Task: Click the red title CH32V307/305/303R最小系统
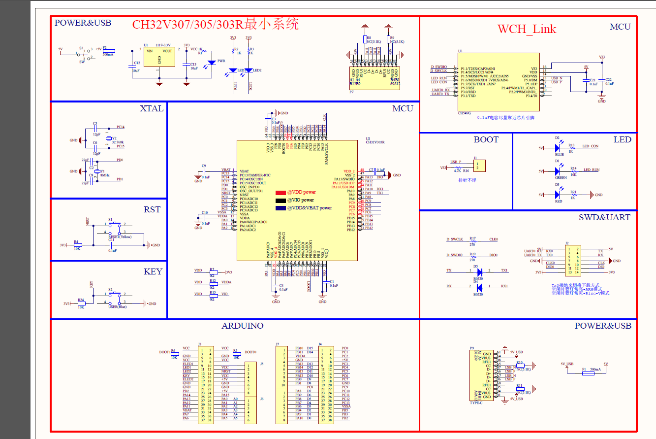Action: pyautogui.click(x=215, y=24)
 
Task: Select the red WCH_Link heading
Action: pyautogui.click(x=527, y=29)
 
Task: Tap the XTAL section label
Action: pyautogui.click(x=151, y=108)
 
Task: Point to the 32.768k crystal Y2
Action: pyautogui.click(x=108, y=139)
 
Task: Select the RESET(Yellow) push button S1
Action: pyautogui.click(x=114, y=228)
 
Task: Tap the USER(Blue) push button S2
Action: pyautogui.click(x=114, y=298)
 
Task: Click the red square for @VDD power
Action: pyautogui.click(x=280, y=193)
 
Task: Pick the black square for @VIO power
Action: pyautogui.click(x=280, y=201)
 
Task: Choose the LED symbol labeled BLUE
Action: pyautogui.click(x=557, y=147)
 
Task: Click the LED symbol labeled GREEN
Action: pyautogui.click(x=557, y=171)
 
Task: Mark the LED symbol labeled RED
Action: pyautogui.click(x=557, y=195)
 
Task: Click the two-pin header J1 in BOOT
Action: pyautogui.click(x=480, y=165)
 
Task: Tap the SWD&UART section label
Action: pyautogui.click(x=604, y=217)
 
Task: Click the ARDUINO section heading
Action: pyautogui.click(x=242, y=326)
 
